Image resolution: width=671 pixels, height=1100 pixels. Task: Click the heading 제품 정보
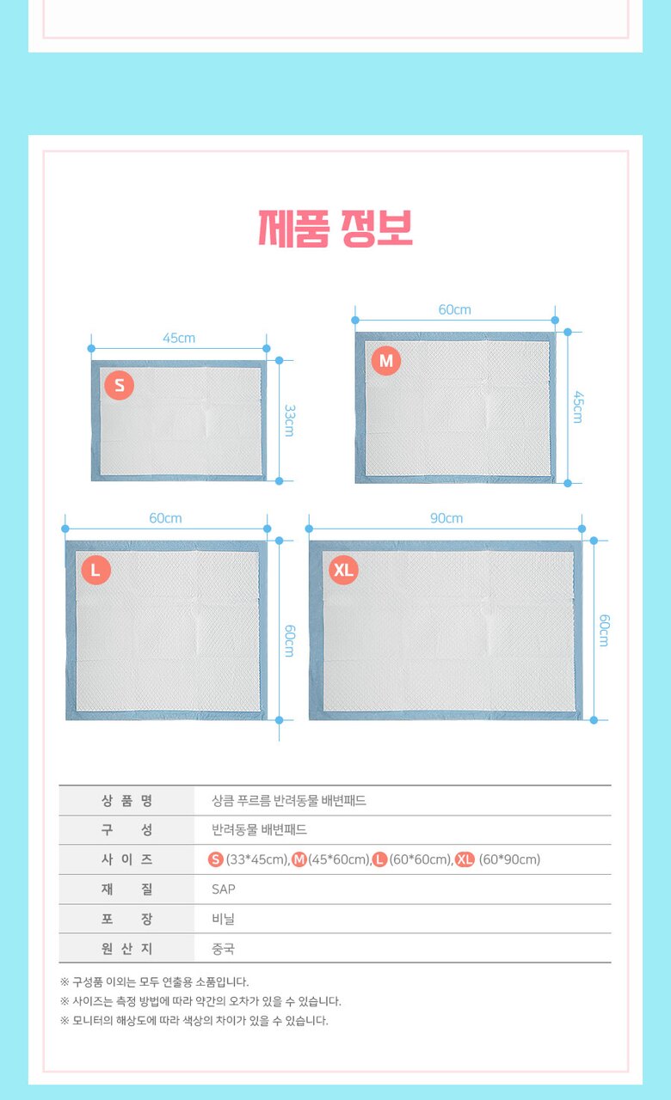[x=335, y=229]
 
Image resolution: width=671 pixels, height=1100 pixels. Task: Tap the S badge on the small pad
[x=119, y=385]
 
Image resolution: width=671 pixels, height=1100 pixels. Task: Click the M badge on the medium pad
[x=386, y=361]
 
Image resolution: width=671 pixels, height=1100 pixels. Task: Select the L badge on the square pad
[x=95, y=570]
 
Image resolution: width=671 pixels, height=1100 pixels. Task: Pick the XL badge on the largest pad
[x=343, y=570]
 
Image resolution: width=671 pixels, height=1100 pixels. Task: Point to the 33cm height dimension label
[x=290, y=420]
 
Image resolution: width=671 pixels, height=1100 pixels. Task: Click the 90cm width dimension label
[x=446, y=518]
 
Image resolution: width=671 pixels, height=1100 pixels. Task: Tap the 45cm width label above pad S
[x=179, y=338]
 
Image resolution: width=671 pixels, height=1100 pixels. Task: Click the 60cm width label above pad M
[x=455, y=310]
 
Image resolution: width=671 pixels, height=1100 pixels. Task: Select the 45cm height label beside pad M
[x=578, y=407]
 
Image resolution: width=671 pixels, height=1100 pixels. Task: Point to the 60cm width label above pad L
[x=166, y=518]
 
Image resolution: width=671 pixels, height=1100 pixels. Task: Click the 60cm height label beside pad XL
[x=604, y=630]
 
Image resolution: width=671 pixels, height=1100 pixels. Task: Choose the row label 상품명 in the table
[x=126, y=801]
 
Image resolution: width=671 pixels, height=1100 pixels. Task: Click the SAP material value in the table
[x=224, y=889]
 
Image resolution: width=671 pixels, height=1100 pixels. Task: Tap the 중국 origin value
[x=223, y=948]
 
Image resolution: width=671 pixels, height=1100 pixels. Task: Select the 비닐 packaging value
[x=223, y=919]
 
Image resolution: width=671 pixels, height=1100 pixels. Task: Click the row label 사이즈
[x=126, y=860]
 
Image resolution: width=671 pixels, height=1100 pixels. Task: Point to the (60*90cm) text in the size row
[x=509, y=860]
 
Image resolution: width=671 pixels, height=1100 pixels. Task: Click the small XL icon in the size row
[x=465, y=860]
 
